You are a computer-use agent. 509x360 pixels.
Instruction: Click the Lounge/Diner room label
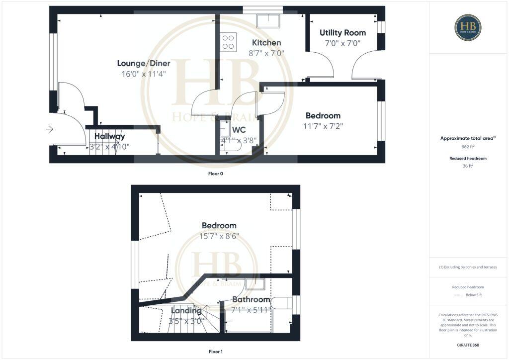click(x=144, y=63)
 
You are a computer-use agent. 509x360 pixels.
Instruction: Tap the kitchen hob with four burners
click(x=229, y=41)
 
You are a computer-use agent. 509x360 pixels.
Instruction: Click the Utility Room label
click(x=342, y=33)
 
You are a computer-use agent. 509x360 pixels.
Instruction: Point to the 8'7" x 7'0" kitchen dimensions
click(x=266, y=53)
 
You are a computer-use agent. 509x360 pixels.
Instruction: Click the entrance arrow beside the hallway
click(x=49, y=129)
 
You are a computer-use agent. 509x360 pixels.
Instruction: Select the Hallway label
click(x=110, y=136)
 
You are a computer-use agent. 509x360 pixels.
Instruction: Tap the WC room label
click(x=239, y=130)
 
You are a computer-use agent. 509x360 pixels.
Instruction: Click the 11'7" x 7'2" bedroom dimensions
click(x=323, y=126)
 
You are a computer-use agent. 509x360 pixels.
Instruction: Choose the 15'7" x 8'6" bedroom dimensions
click(x=219, y=236)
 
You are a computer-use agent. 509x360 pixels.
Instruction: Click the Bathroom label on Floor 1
click(x=251, y=300)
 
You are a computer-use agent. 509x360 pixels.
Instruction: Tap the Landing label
click(x=186, y=311)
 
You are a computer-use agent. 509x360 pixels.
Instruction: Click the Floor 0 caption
click(x=216, y=175)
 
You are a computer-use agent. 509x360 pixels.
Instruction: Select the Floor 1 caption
click(x=216, y=352)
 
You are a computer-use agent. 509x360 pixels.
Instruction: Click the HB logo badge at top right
click(x=468, y=27)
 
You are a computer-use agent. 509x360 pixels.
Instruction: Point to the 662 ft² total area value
click(x=468, y=147)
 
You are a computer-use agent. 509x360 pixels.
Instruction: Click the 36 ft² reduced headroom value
click(x=468, y=167)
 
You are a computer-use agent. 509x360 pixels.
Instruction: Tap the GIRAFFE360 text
click(x=468, y=345)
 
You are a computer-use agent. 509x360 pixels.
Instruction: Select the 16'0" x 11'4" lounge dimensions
click(x=144, y=74)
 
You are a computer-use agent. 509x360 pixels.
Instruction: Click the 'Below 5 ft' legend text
click(x=474, y=295)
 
